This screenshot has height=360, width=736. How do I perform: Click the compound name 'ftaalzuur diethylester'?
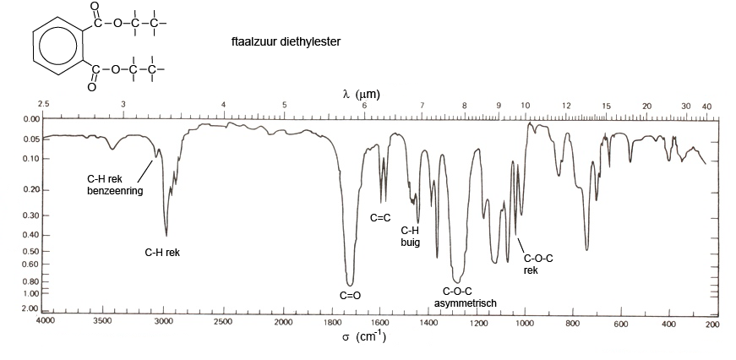pos(286,40)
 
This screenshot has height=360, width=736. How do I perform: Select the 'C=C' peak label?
pos(381,217)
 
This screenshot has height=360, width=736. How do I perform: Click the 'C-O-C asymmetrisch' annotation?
pos(465,297)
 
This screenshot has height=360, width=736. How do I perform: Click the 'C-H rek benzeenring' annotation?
pos(117,184)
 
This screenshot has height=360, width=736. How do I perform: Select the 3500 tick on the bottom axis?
pos(102,322)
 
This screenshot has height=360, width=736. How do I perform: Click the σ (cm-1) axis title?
pos(363,337)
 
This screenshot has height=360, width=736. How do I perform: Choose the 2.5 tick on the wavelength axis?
pos(44,105)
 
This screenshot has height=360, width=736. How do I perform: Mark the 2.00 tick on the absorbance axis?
pos(30,309)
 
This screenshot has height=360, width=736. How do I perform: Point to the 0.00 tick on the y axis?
pos(30,119)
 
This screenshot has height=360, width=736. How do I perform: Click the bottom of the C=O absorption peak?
pos(350,285)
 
